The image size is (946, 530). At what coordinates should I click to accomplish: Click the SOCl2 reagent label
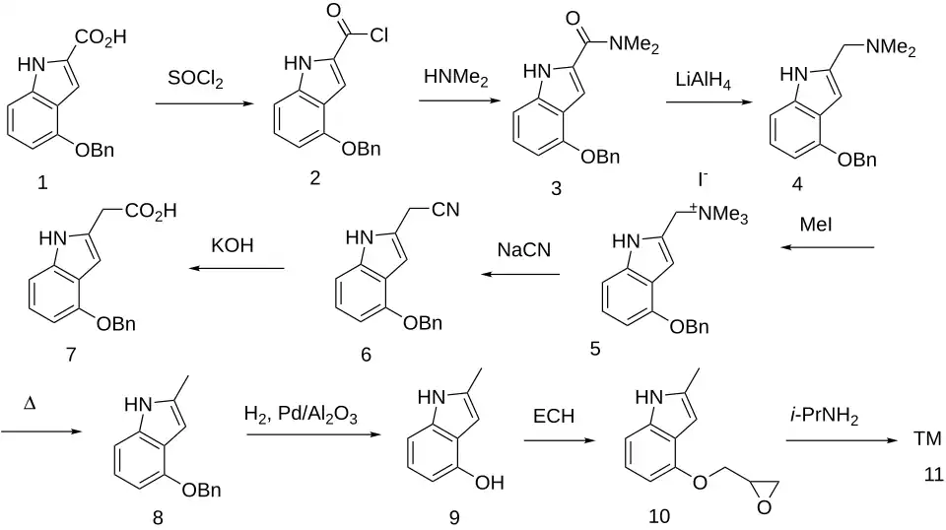point(195,79)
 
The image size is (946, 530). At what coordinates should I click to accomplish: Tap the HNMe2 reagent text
point(456,77)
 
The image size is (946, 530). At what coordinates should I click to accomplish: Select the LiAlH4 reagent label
point(704,80)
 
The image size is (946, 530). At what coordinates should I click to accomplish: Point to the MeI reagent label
point(816,225)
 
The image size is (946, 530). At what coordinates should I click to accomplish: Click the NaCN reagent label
point(523,249)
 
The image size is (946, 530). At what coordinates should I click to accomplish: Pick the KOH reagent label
point(233,245)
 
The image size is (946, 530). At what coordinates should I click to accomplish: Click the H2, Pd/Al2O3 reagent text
point(301,415)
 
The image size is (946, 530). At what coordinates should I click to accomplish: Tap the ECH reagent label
point(553,416)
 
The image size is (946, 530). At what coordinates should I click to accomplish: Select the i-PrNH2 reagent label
point(824,416)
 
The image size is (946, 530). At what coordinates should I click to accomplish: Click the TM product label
point(926,438)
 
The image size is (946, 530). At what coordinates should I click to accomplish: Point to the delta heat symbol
point(29,403)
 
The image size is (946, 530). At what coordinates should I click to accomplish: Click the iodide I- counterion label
point(703,179)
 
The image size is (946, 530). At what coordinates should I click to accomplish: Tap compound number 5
point(595,349)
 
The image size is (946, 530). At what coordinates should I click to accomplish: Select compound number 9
point(453,517)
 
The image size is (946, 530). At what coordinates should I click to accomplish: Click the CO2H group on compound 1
point(101,38)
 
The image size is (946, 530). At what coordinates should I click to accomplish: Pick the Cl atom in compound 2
point(378,35)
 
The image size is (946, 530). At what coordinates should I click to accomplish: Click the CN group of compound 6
point(445,209)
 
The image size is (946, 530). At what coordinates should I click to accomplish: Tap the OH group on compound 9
point(490,483)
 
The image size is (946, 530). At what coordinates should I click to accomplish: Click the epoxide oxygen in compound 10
point(764,507)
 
